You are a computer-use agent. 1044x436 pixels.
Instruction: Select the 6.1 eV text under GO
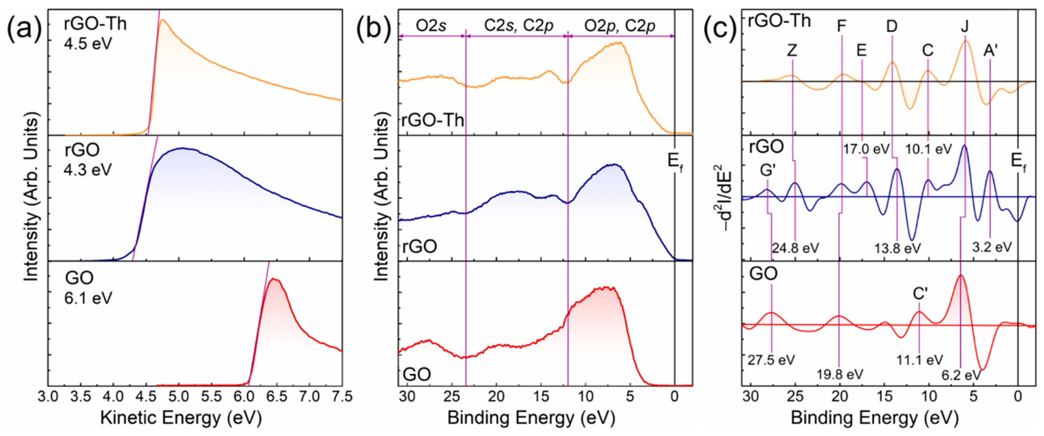(88, 299)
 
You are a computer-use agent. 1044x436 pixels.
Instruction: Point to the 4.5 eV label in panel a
(88, 44)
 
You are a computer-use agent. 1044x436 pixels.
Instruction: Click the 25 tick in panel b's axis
(451, 396)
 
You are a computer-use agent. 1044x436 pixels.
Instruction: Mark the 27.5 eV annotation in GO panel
(771, 360)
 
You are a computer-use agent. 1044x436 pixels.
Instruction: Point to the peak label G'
(768, 171)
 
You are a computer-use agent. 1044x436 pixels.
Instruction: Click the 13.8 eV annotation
(897, 248)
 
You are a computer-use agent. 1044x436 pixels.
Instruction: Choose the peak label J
(964, 27)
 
